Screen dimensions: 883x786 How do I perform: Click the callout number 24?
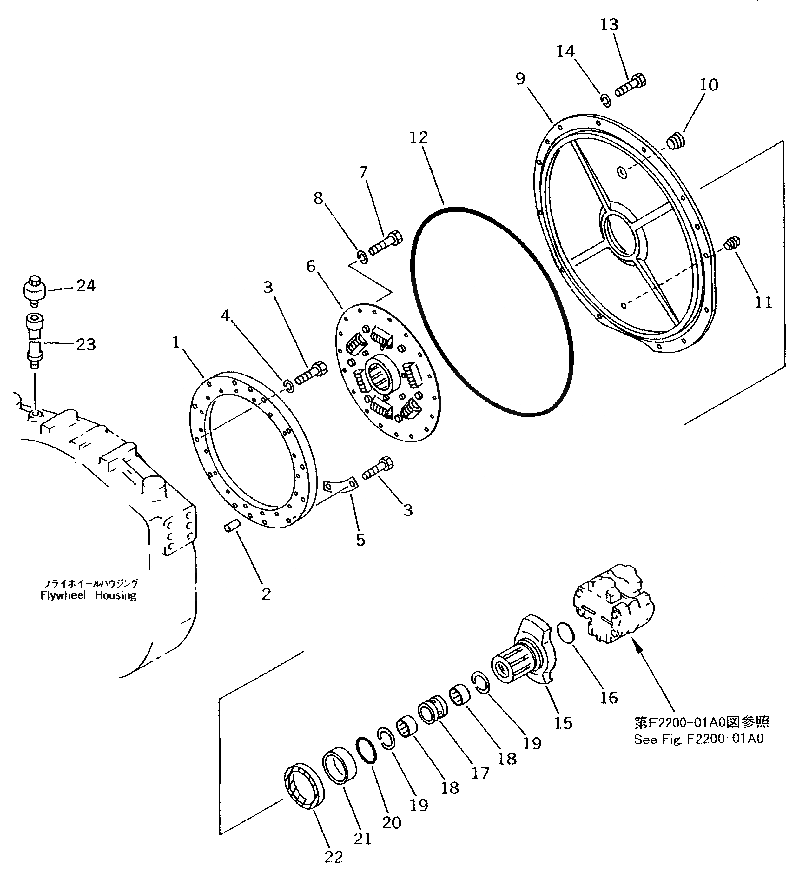pos(86,286)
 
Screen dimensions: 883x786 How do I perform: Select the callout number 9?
pos(520,79)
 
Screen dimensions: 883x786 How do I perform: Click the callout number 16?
pos(609,698)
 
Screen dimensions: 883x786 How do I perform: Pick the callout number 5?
pos(360,540)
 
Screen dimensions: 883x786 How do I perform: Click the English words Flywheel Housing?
pos(89,596)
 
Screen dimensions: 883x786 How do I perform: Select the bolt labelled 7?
pos(385,243)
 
